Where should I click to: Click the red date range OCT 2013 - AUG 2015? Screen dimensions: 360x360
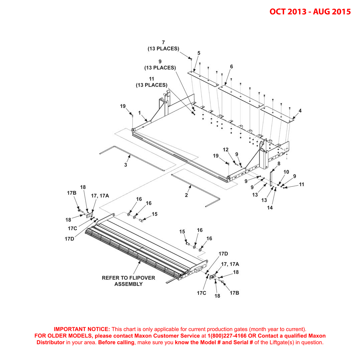point(310,11)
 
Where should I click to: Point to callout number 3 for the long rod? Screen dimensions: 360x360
point(125,165)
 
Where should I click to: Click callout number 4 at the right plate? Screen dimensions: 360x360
point(300,110)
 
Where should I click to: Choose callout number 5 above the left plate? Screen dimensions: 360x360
point(199,53)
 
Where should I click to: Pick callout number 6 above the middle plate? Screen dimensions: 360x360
point(231,67)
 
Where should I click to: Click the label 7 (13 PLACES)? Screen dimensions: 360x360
point(163,46)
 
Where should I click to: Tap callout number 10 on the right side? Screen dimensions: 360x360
point(286,172)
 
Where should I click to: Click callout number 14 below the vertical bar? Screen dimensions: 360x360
point(270,207)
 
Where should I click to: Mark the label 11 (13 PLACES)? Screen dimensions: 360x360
point(152,82)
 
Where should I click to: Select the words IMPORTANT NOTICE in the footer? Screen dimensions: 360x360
point(82,329)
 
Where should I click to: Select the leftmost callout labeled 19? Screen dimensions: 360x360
point(123,106)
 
